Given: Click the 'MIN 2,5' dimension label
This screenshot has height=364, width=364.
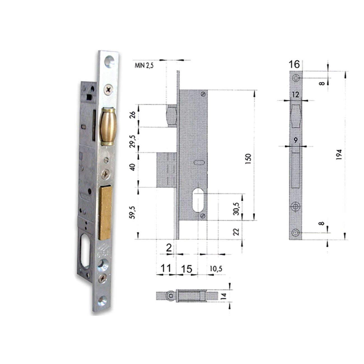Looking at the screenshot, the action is coord(144,66).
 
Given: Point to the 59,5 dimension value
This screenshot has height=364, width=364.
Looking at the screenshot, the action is coord(133,213).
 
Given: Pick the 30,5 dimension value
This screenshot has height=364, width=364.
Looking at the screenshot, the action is coord(236,209).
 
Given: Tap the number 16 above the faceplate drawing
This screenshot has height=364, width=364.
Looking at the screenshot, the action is coord(294,64).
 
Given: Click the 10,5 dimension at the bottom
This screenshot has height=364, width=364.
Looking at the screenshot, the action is coord(216,269).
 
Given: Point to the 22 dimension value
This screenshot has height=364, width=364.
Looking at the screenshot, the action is coord(236,232).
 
